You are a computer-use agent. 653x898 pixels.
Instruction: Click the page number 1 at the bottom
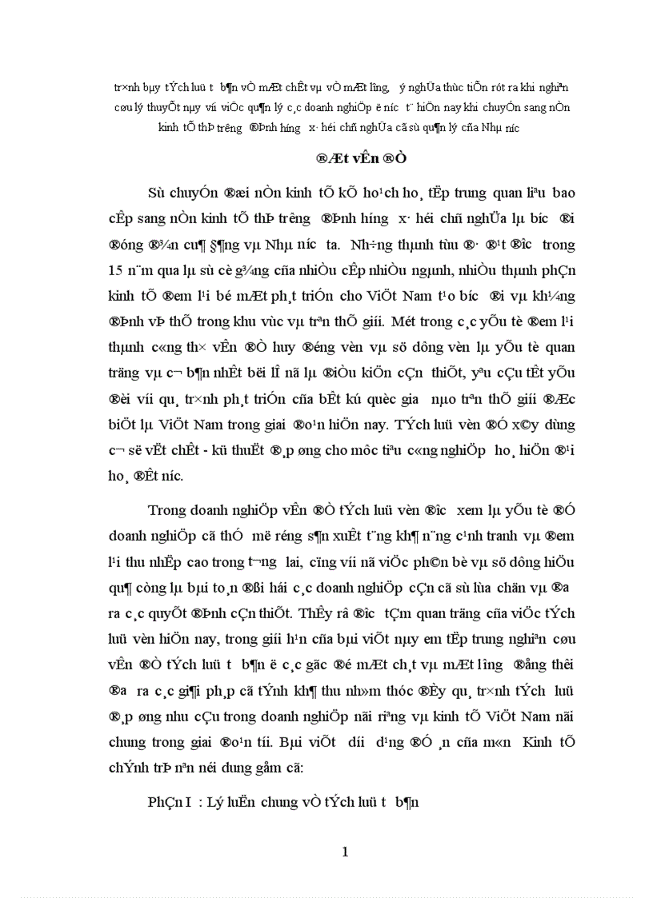(x=345, y=852)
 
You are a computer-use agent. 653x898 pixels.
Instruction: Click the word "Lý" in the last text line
(x=226, y=800)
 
